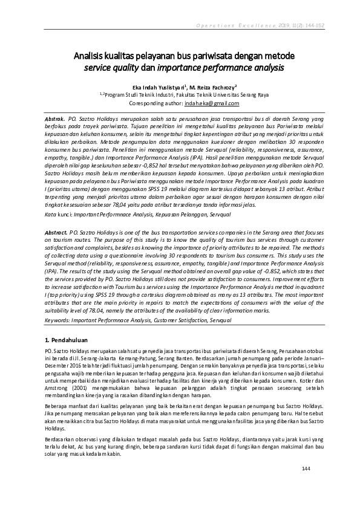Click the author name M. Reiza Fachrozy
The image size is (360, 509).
click(x=212, y=86)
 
